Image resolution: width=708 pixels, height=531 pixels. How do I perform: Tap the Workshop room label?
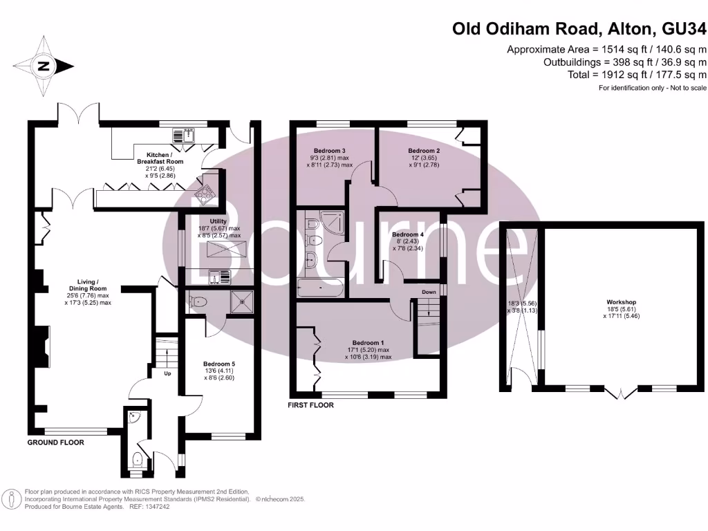(x=621, y=302)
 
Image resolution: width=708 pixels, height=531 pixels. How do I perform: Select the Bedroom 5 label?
(x=219, y=364)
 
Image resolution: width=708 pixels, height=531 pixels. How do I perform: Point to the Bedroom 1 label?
(x=368, y=343)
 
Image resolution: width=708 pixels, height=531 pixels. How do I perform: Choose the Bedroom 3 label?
(x=329, y=151)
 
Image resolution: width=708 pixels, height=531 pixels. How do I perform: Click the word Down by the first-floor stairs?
(x=429, y=292)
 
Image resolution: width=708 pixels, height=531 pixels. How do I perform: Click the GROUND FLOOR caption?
(x=56, y=442)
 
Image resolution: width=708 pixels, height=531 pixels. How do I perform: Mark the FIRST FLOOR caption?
(x=311, y=405)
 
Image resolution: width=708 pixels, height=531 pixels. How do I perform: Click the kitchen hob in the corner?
(x=205, y=196)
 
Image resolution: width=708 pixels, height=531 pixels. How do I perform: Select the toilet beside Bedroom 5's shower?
(x=197, y=301)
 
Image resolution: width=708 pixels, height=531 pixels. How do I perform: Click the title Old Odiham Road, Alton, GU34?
(x=579, y=28)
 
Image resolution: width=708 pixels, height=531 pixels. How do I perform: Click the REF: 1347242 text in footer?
(x=149, y=506)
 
